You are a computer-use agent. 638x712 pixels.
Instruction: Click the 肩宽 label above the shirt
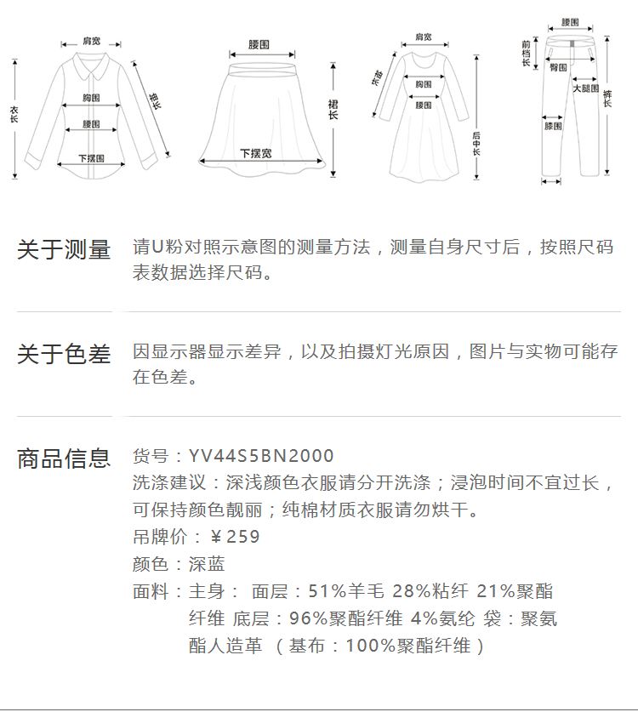[x=91, y=40]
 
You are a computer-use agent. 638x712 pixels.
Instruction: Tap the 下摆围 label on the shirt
[x=91, y=158]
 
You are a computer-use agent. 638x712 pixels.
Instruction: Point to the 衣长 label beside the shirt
[x=14, y=116]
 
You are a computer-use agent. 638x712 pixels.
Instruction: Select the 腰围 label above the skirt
[x=259, y=44]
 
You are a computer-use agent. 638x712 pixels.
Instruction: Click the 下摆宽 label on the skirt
[x=255, y=154]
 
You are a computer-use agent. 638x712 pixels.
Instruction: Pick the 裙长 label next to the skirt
[x=333, y=109]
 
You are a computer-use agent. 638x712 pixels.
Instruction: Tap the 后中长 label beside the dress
[x=476, y=143]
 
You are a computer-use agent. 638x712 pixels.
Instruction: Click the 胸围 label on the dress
[x=423, y=84]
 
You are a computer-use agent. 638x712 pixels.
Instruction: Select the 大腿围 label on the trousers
[x=584, y=88]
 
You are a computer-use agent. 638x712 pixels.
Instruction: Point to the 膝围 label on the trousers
[x=553, y=127]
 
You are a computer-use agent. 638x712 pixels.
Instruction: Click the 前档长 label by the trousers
[x=527, y=52]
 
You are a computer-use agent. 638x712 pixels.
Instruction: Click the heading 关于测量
[x=64, y=250]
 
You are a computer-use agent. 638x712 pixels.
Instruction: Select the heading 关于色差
[x=64, y=355]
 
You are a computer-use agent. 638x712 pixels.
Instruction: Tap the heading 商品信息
[x=64, y=459]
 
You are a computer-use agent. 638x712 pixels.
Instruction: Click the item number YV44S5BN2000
[x=261, y=457]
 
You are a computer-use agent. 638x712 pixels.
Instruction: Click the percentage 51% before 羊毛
[x=327, y=591]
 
